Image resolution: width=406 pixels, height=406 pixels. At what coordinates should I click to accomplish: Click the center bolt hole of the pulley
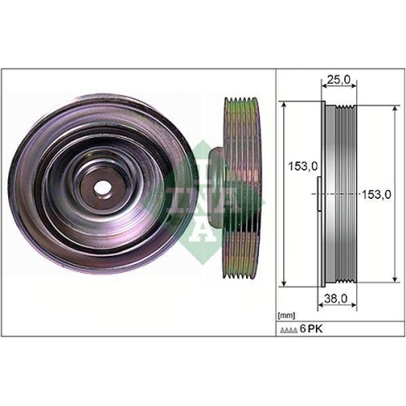(x=101, y=186)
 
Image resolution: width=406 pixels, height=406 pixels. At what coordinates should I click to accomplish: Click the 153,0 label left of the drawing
(x=300, y=166)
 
